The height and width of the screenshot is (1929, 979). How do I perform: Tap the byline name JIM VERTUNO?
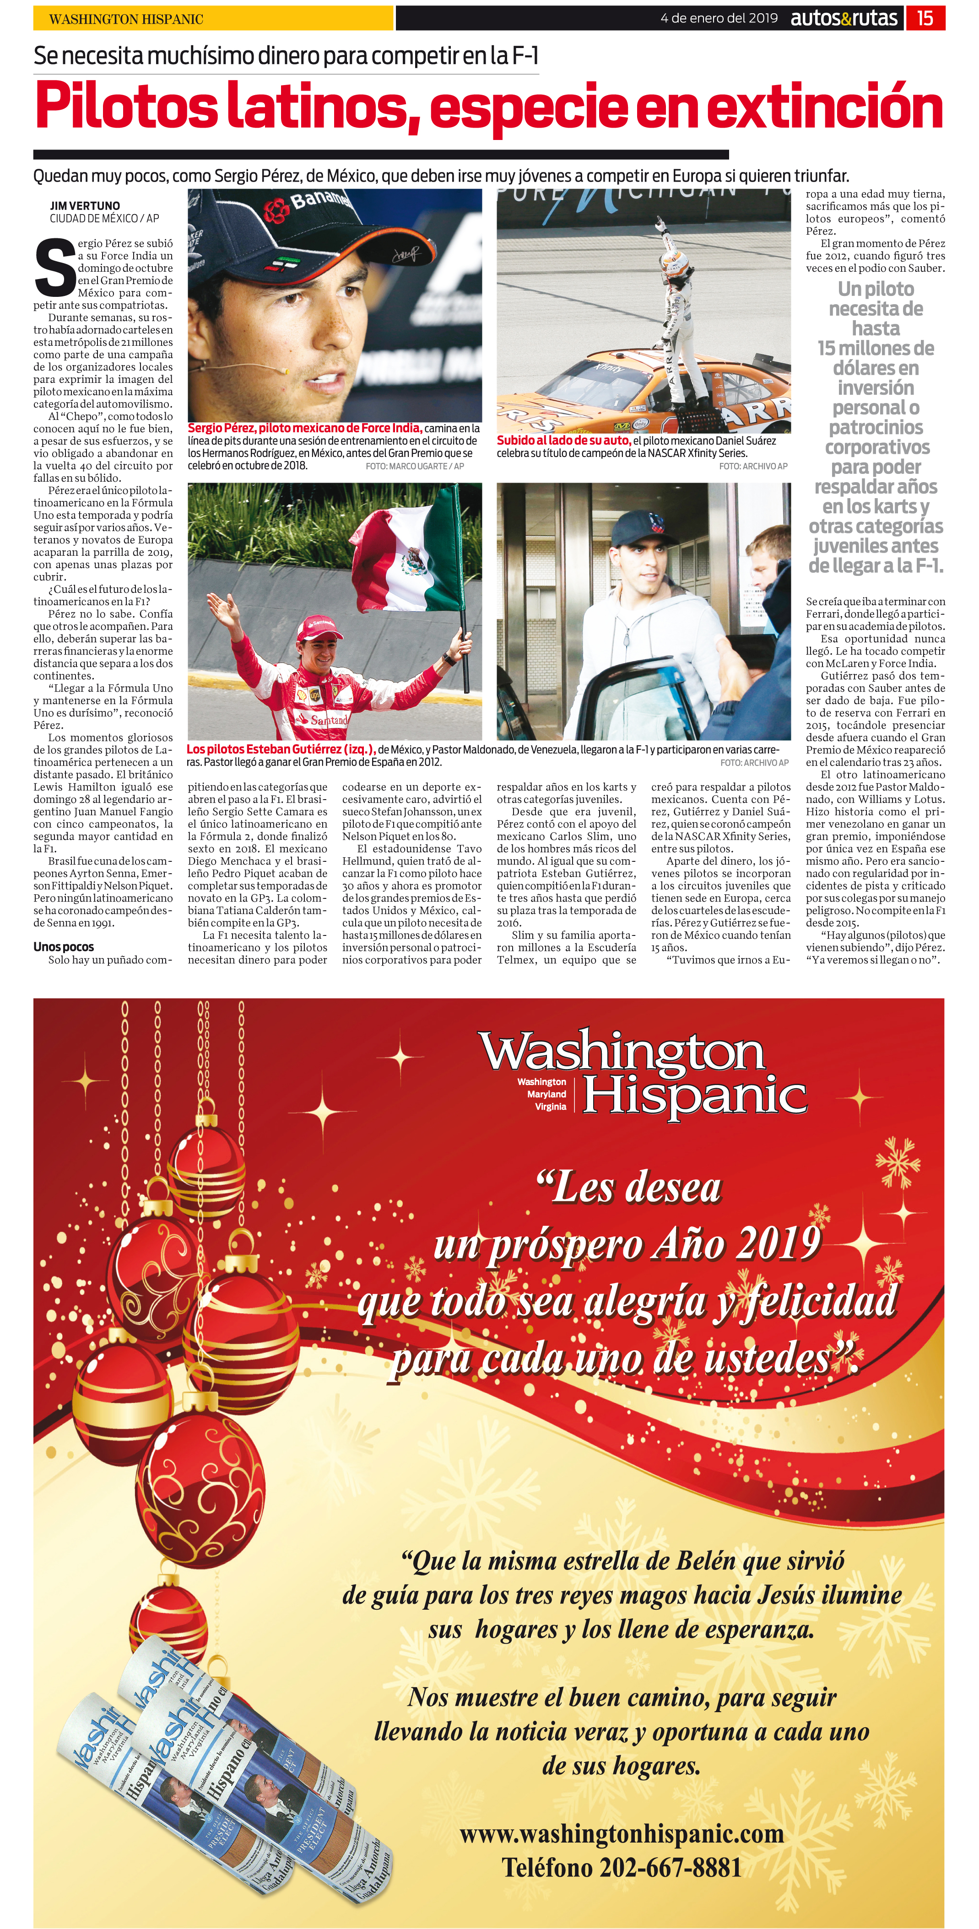[x=85, y=205]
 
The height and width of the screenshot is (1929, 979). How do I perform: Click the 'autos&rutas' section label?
[x=844, y=18]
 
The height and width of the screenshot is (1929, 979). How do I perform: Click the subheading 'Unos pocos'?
[x=64, y=946]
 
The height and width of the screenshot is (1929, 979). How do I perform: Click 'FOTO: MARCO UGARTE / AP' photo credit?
[x=414, y=466]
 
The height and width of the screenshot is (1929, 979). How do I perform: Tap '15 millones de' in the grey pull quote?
[x=875, y=348]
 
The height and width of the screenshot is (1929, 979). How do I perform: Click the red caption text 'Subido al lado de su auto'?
[x=563, y=441]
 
